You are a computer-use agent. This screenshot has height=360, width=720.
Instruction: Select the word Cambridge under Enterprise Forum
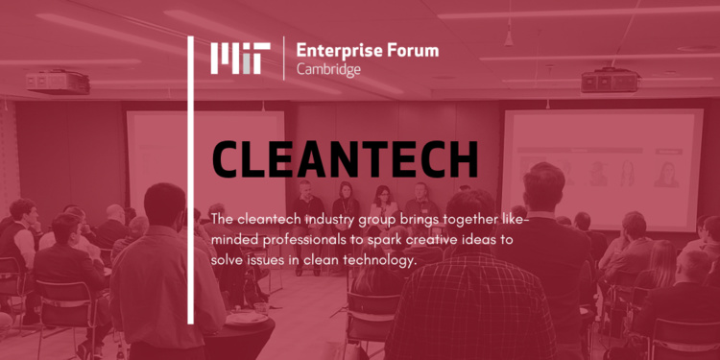(x=328, y=69)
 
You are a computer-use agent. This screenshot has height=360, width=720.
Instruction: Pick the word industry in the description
(x=329, y=220)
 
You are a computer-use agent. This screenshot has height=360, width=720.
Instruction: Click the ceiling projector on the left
(x=58, y=83)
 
